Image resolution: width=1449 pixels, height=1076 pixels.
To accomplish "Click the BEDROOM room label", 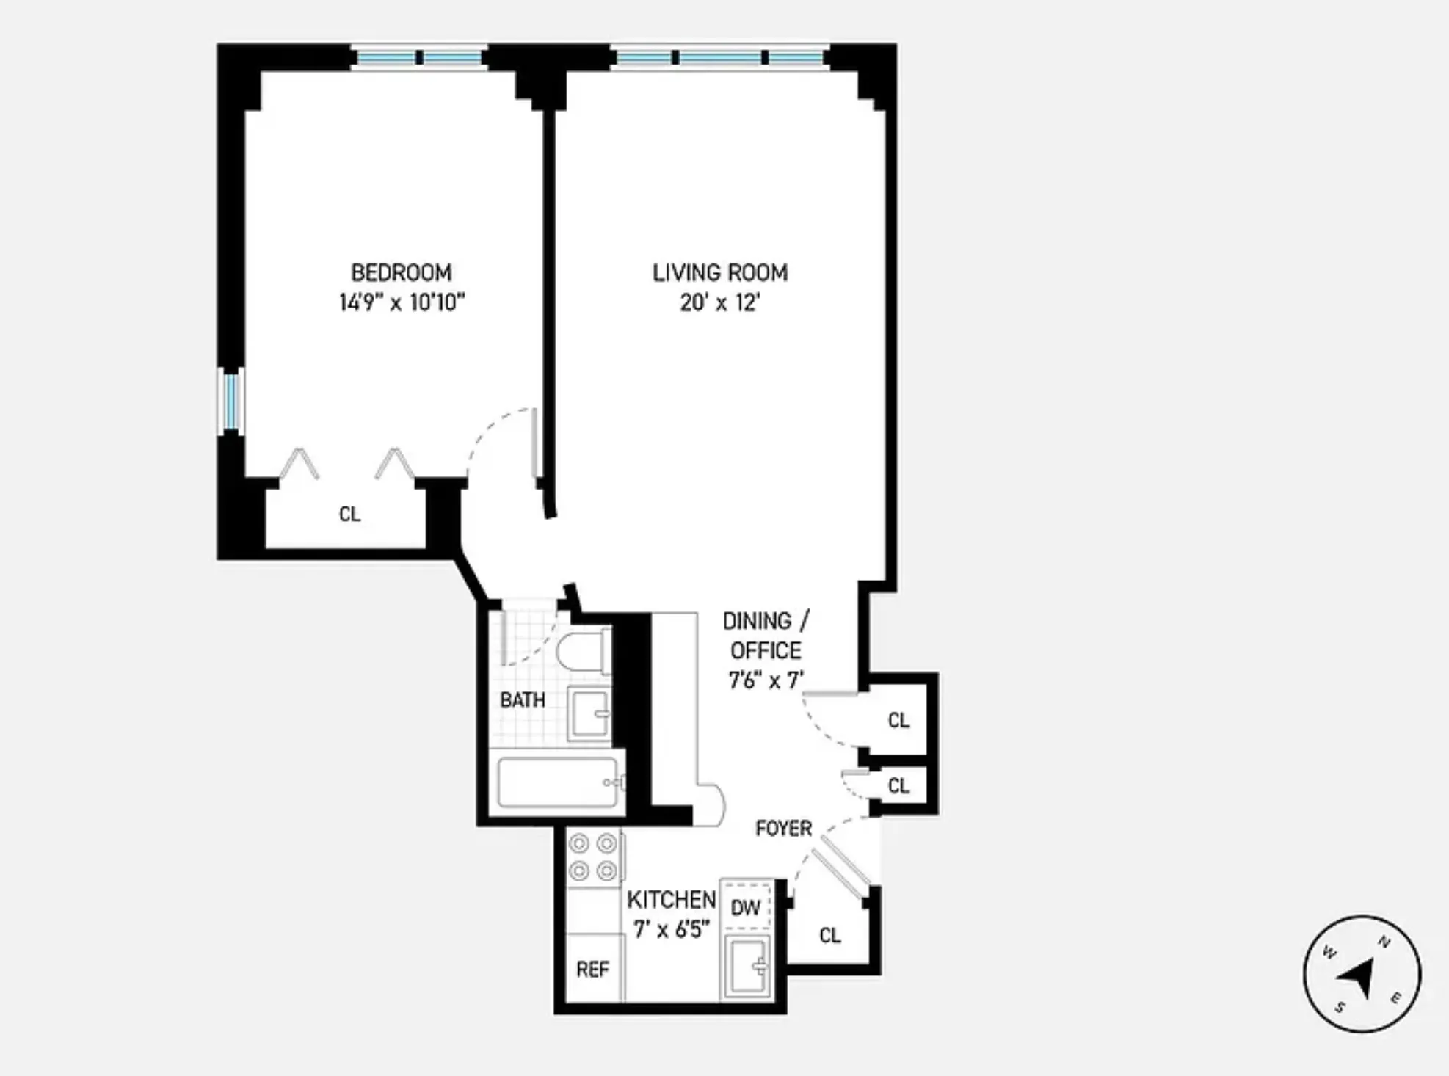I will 401,273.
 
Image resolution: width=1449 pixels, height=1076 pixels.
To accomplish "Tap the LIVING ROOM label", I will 720,273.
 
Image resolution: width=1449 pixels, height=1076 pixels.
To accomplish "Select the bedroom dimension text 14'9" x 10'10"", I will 402,302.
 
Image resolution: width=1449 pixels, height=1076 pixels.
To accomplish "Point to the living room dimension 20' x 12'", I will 719,302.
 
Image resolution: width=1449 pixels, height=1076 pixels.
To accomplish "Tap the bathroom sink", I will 589,713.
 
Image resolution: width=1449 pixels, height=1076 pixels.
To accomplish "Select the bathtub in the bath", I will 559,782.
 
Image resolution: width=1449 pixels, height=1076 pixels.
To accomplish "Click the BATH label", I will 523,700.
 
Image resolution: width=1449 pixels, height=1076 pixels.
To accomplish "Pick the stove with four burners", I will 593,857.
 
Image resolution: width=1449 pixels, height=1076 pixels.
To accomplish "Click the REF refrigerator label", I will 592,970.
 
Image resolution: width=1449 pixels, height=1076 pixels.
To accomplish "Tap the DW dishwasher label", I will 745,908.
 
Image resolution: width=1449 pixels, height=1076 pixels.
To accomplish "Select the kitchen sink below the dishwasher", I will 747,966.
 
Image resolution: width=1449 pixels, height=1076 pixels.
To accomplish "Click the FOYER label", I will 784,829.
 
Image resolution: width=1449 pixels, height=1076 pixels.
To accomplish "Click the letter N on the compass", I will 1384,942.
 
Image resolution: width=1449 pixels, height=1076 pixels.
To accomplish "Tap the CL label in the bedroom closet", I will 350,514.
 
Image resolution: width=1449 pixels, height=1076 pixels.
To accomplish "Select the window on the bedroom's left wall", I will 231,401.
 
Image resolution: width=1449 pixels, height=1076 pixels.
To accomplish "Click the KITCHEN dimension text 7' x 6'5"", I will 671,930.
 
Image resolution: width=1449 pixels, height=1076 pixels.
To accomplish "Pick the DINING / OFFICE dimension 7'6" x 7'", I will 766,680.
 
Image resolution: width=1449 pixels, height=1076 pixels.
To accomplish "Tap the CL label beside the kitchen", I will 830,935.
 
